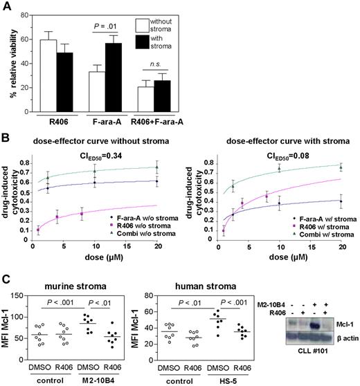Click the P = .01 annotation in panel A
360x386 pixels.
102,29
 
